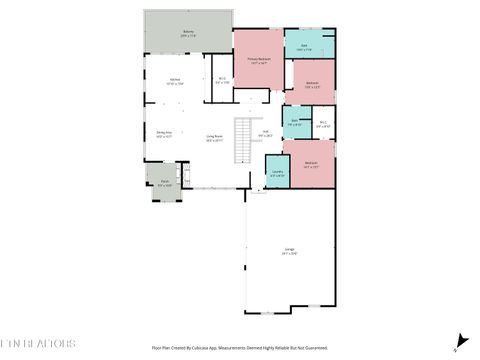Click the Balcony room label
[x=188, y=33]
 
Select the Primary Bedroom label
[x=259, y=62]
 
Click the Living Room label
[x=214, y=138]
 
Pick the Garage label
[x=289, y=252]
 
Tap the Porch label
[x=164, y=183]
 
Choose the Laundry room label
[x=276, y=174]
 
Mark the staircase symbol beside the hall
[x=243, y=140]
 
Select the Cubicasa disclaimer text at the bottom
[x=240, y=348]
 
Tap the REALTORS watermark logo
[x=38, y=343]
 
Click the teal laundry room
[x=277, y=170]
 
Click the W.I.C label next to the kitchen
[x=222, y=81]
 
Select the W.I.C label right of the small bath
[x=322, y=126]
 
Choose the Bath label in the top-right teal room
[x=304, y=47]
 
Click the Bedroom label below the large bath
[x=313, y=85]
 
